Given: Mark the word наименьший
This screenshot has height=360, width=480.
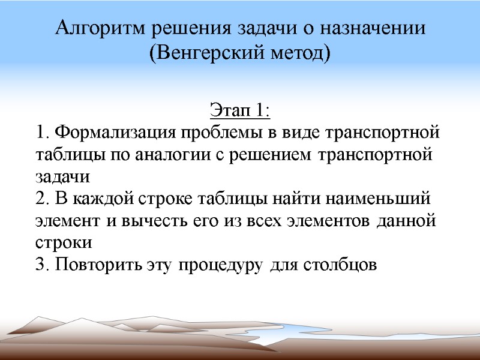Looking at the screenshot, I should coord(376,198).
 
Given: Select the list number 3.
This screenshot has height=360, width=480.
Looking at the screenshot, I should coord(40,265).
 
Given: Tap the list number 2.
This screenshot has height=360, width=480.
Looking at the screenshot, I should coord(40,198).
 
